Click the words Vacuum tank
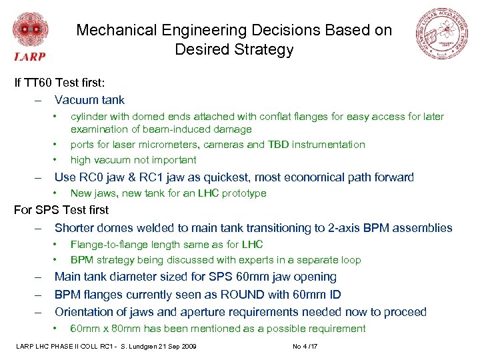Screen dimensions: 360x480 89,100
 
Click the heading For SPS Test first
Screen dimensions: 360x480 61,210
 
